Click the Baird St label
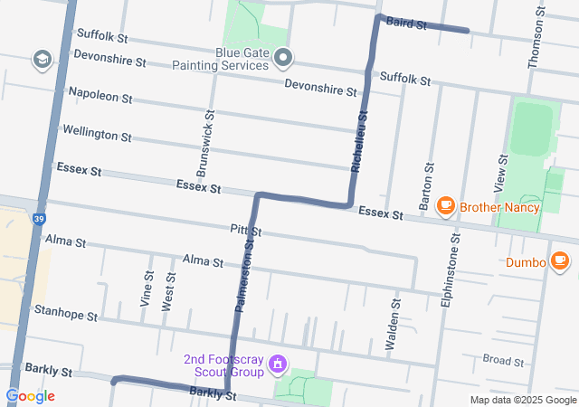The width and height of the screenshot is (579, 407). (x=406, y=24)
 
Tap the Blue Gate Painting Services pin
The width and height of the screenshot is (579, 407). (x=283, y=60)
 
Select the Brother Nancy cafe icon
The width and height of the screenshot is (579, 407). (x=445, y=207)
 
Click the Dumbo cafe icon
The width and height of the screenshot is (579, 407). (x=560, y=261)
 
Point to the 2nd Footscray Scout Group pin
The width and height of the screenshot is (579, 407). (x=278, y=364)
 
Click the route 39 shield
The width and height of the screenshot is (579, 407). (x=36, y=219)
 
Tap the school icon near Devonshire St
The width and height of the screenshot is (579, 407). (x=41, y=60)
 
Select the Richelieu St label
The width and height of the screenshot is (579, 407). (x=359, y=143)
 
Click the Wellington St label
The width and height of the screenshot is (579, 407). (x=97, y=133)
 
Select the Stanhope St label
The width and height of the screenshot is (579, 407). (x=65, y=313)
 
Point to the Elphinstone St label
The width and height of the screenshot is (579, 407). (x=450, y=271)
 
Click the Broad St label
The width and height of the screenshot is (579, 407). (x=504, y=360)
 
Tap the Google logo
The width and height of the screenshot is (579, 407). (x=30, y=396)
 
